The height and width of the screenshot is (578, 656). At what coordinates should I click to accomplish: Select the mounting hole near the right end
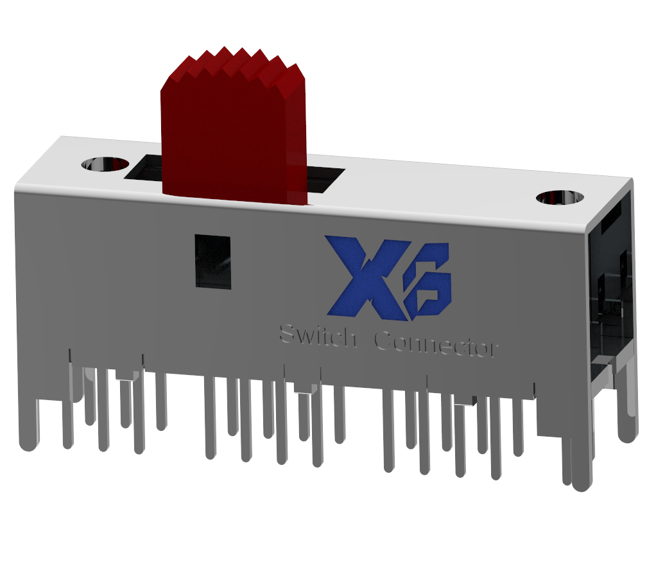coord(560,197)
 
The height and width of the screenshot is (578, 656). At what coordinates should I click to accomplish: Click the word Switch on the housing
coord(318,336)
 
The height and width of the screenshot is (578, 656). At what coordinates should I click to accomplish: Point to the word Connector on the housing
coord(435,346)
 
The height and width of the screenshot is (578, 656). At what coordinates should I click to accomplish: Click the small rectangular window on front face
coord(212,262)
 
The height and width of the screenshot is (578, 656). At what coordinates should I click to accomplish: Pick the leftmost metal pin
coord(27,424)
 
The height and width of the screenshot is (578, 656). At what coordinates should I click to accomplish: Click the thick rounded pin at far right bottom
coord(582,462)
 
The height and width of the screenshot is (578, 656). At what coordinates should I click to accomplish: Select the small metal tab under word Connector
coord(465,401)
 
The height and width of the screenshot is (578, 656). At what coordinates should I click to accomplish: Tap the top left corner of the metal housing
coord(61,137)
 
